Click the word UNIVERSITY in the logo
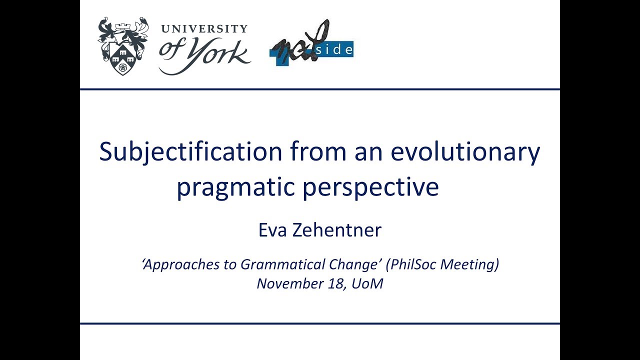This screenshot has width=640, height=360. [204, 28]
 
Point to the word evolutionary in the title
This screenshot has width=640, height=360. [465, 152]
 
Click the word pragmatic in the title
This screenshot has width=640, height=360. [235, 187]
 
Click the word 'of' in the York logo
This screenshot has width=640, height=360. [171, 52]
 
